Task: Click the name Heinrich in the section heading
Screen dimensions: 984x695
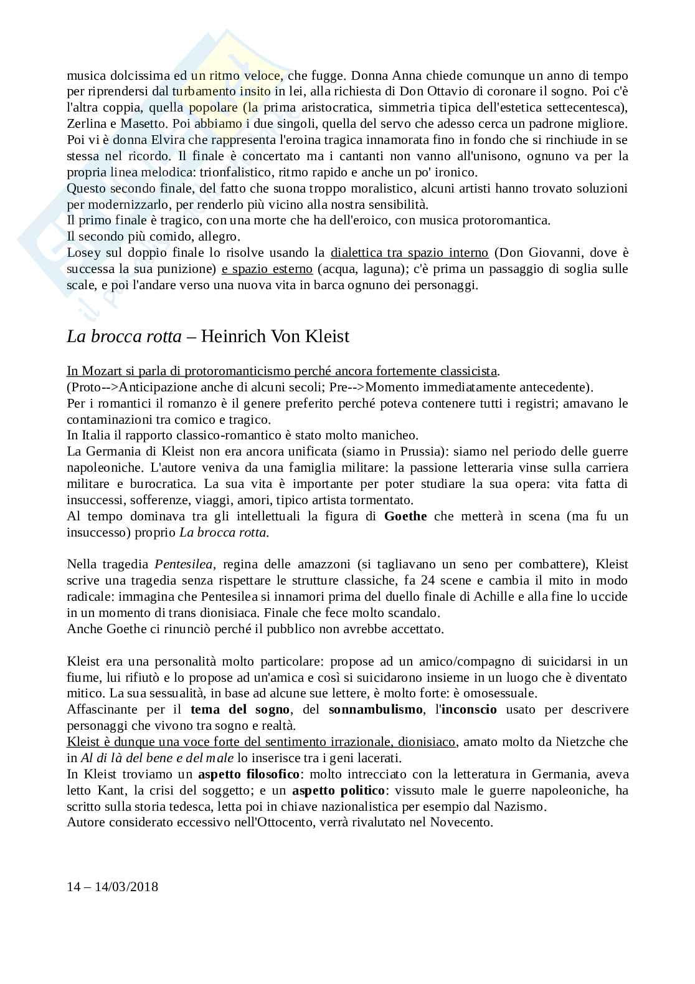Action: tap(235, 337)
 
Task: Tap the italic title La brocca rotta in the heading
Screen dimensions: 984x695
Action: tap(124, 337)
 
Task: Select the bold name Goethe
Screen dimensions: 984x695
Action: tap(405, 516)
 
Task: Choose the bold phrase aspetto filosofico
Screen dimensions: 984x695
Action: tap(249, 774)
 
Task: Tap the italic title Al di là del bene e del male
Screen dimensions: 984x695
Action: tap(158, 758)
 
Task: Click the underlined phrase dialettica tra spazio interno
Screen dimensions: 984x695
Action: tap(409, 252)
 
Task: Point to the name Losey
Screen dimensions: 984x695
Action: tap(84, 252)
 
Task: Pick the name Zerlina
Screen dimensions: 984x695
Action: tap(84, 123)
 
